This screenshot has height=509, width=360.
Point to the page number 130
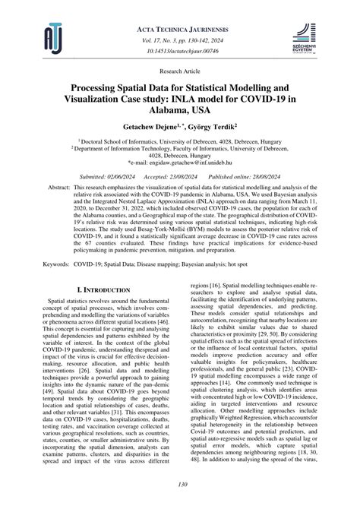tap(180, 485)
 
